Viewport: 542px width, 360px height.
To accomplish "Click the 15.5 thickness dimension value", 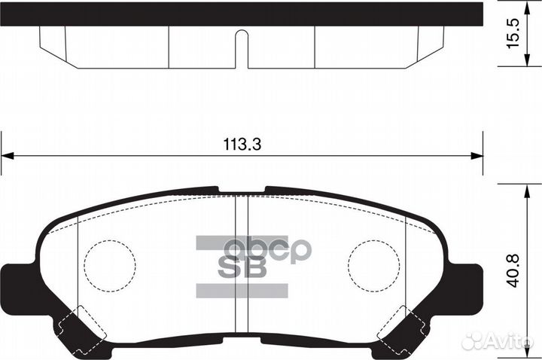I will click(x=513, y=35).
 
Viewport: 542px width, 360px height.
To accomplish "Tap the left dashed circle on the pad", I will click(x=110, y=267).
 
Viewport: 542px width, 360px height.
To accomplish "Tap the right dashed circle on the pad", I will click(x=374, y=267).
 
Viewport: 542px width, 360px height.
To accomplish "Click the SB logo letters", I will click(x=242, y=268).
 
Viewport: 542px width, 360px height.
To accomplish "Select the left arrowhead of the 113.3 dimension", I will click(x=8, y=156).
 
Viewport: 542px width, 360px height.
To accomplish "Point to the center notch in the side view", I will click(x=241, y=47).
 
